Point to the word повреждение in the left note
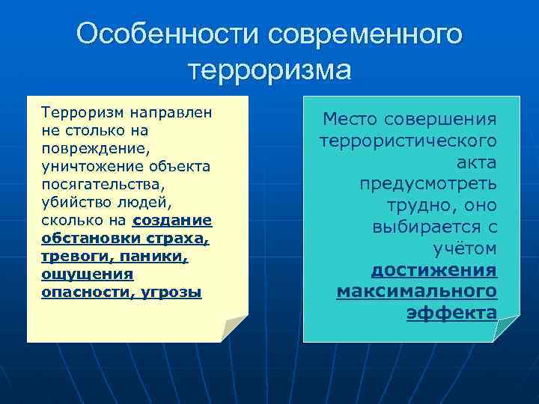tap(86, 147)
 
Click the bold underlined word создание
tap(172, 220)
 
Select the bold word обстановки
tap(85, 238)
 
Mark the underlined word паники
tap(153, 256)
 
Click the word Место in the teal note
tap(350, 119)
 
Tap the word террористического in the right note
tap(408, 140)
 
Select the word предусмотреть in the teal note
tap(427, 183)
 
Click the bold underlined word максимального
tap(416, 290)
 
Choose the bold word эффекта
tap(451, 313)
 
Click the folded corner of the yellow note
tap(234, 328)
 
